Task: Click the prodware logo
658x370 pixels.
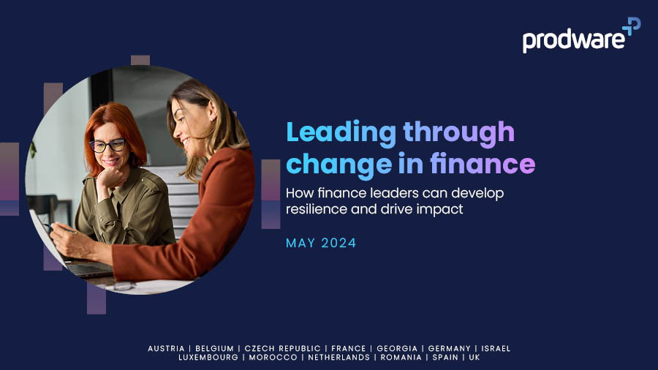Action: click(x=581, y=35)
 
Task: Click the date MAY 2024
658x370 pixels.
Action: click(x=321, y=243)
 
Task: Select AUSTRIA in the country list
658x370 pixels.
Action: click(x=166, y=349)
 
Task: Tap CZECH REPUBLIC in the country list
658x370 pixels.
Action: click(x=282, y=349)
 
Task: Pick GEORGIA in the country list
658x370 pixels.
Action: click(x=397, y=349)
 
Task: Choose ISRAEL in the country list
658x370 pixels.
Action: click(x=496, y=349)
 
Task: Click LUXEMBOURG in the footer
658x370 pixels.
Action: click(x=208, y=358)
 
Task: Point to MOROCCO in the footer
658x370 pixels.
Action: click(x=273, y=358)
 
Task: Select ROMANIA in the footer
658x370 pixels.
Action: click(x=401, y=358)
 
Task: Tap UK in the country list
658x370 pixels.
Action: click(x=474, y=358)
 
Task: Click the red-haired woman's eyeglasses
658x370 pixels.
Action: click(x=107, y=146)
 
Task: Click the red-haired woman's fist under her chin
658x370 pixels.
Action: click(x=109, y=178)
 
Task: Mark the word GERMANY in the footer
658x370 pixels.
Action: click(x=450, y=349)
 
